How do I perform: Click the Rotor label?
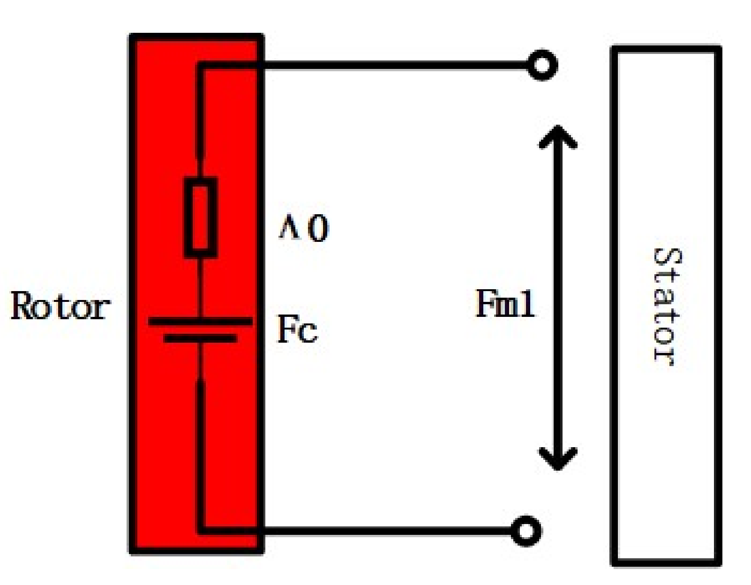[x=60, y=306]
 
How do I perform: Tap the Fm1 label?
[x=505, y=304]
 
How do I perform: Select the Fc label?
[x=297, y=330]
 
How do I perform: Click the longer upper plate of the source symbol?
[x=200, y=322]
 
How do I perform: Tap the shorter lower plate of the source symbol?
[x=200, y=338]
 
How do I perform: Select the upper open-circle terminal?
[x=542, y=65]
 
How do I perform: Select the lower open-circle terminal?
[x=526, y=531]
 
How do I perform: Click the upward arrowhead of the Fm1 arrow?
[x=557, y=136]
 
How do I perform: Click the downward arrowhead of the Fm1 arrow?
[x=557, y=459]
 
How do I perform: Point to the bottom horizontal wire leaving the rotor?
[x=384, y=531]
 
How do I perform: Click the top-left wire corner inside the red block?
[x=201, y=66]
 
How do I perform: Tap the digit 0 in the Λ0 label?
[x=319, y=229]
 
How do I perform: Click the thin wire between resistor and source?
[x=201, y=287]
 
